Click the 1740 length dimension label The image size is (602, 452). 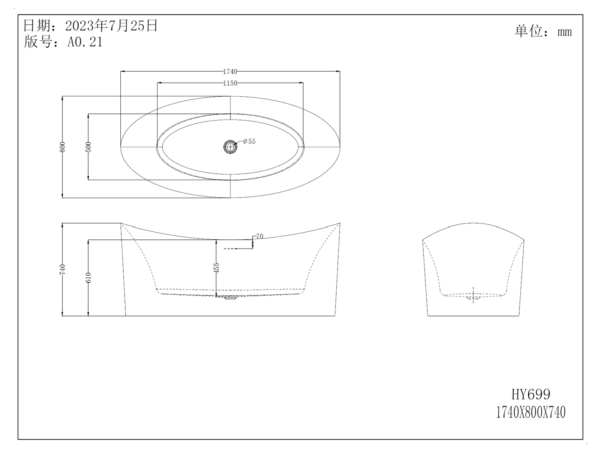point(230,71)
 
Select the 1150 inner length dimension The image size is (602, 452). point(230,83)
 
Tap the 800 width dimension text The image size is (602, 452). point(62,147)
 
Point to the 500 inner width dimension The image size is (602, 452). point(88,147)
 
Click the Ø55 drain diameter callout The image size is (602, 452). point(249,141)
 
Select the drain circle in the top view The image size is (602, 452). point(230,147)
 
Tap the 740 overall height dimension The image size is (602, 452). point(62,269)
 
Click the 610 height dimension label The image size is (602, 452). point(88,277)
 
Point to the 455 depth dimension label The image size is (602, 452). point(216,268)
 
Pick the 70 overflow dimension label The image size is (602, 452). point(260,236)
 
